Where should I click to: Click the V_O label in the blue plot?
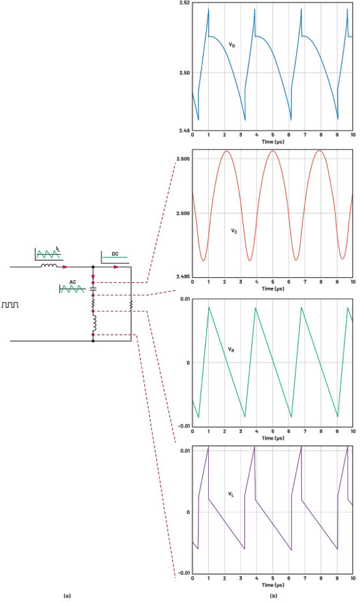coord(232,45)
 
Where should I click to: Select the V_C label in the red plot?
coord(234,230)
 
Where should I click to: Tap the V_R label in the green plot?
coord(231,349)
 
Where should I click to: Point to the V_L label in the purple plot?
coord(231,494)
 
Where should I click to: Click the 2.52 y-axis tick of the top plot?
coord(184,3)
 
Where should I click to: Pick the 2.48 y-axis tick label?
coord(184,130)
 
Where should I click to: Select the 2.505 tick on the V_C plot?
coord(183,159)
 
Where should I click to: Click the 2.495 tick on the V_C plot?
coord(183,276)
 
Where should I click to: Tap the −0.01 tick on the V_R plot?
coord(183,426)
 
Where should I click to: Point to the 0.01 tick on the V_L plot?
coord(185,450)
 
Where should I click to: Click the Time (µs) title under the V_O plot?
coord(273,142)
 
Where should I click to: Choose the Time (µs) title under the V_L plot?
coord(273,585)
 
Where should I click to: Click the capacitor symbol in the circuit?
coord(93,289)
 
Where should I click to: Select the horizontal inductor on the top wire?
coord(49,265)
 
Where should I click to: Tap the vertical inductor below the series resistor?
coord(93,324)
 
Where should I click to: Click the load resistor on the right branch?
coord(131,305)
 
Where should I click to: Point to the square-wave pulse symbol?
coord(10,305)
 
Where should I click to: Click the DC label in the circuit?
coord(115,254)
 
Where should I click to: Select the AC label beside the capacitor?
coord(73,282)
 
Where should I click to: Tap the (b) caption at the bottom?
coord(273,596)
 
